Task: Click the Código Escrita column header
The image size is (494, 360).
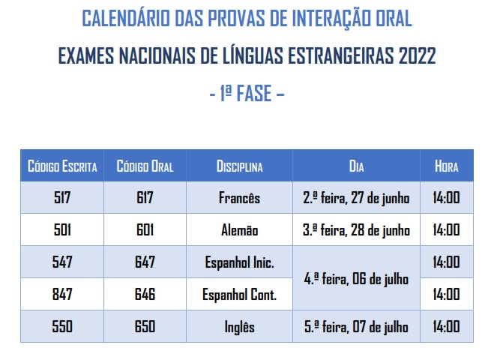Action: [x=62, y=166]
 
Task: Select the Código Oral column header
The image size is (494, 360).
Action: [x=145, y=166]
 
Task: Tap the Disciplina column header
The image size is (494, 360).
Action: [x=239, y=166]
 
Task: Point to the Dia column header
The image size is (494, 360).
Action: [x=356, y=166]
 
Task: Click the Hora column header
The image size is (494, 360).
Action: [x=446, y=166]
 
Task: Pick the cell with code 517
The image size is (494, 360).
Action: [x=62, y=198]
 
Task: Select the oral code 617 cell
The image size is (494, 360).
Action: [x=145, y=198]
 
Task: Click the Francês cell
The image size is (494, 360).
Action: [x=239, y=198]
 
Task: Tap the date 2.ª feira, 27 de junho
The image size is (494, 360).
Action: [x=356, y=198]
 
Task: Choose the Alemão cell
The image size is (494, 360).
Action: [x=239, y=230]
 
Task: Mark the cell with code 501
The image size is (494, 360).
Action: [x=62, y=230]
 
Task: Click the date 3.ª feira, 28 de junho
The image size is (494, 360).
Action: [x=356, y=230]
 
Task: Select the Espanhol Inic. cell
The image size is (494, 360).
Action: [x=239, y=262]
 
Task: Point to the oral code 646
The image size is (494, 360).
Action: [x=145, y=295]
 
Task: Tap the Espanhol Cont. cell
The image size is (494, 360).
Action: [x=239, y=295]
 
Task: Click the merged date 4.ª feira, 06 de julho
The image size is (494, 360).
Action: [x=356, y=278]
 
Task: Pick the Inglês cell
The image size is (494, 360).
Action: [x=239, y=327]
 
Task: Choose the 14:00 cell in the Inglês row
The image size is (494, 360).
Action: [x=446, y=327]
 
